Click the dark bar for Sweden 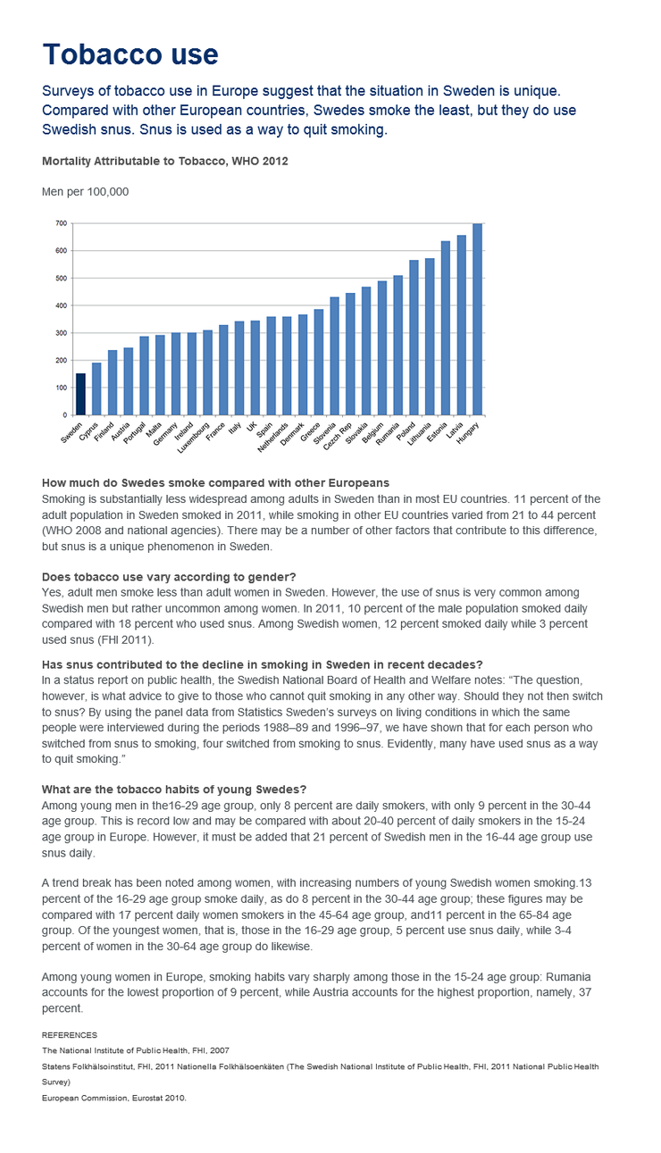point(81,394)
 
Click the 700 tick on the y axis point(61,223)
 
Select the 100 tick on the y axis point(61,388)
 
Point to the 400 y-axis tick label point(61,305)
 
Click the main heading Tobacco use point(130,54)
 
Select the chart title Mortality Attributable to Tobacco point(164,162)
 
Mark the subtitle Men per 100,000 point(86,191)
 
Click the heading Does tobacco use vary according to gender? point(169,577)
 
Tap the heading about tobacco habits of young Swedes point(174,789)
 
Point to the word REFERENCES point(69,1034)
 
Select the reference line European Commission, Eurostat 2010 point(114,1097)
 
